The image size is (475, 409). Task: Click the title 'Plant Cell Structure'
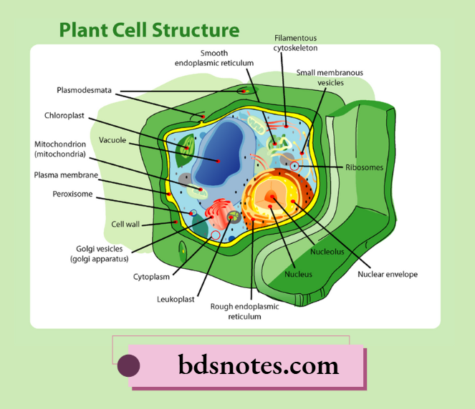pos(149,30)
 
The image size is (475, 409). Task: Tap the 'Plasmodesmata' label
pos(86,90)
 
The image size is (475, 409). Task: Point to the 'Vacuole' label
pos(112,140)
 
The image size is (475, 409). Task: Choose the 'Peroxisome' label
pos(72,193)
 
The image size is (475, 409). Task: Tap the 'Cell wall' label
pos(124,224)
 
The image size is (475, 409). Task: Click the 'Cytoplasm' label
pos(151,276)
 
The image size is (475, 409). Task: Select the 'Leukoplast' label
pos(176,300)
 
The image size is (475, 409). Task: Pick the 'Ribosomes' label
pos(364,167)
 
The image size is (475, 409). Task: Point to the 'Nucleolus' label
pos(327,252)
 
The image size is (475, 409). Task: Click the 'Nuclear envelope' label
pos(388,274)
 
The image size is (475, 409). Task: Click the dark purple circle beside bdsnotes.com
pos(128,365)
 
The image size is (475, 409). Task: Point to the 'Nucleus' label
pos(298,274)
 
